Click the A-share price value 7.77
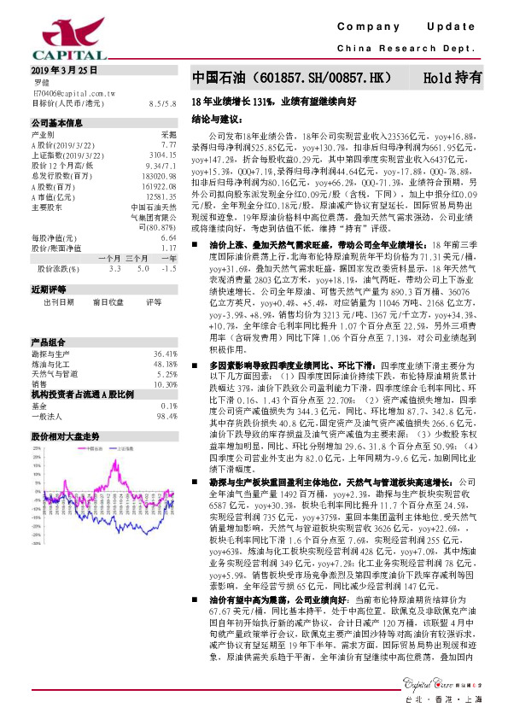169,145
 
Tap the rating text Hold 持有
452,77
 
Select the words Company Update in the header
411,28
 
